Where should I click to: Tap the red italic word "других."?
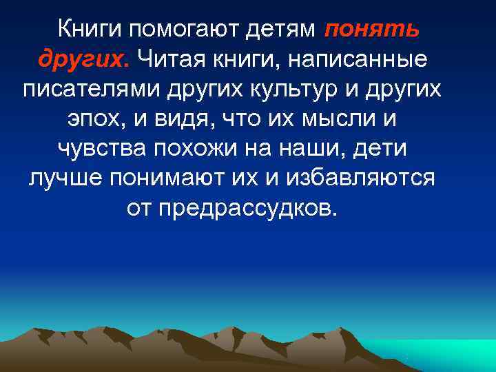point(83,59)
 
